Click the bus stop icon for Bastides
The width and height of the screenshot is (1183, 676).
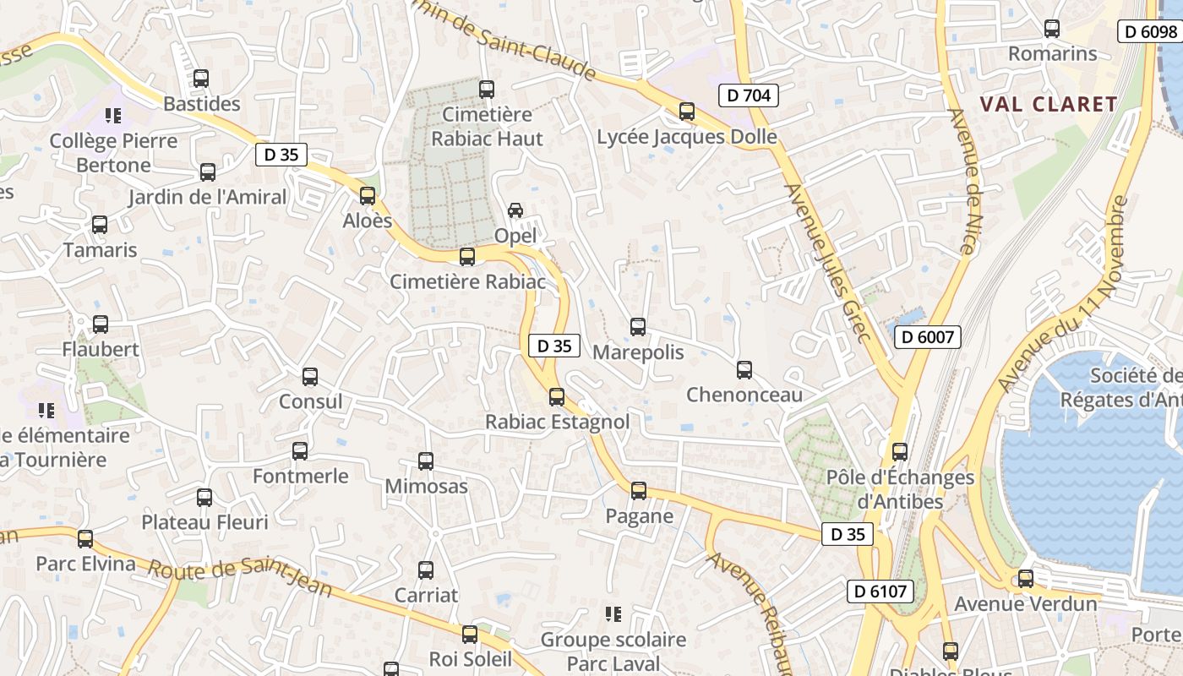click(x=201, y=79)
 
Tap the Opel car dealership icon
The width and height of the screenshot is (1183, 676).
click(x=515, y=210)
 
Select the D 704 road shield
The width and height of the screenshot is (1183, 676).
click(x=749, y=95)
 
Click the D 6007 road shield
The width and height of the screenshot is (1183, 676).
click(x=928, y=337)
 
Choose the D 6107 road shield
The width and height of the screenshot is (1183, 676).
click(x=880, y=591)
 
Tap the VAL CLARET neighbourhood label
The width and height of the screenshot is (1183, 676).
click(x=1048, y=104)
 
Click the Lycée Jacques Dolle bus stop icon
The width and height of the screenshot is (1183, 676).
click(x=687, y=111)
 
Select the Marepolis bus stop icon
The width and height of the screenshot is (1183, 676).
click(x=638, y=326)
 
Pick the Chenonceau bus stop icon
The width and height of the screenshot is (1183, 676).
click(x=744, y=369)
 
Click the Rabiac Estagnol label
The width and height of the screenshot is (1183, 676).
click(x=557, y=421)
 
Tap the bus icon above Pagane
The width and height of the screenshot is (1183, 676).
click(x=639, y=490)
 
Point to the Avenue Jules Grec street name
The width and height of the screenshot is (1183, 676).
click(x=828, y=263)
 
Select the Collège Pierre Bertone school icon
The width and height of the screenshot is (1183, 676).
click(x=113, y=115)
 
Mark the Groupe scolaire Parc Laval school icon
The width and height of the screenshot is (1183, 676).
click(x=613, y=613)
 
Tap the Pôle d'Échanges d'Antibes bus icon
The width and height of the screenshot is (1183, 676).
click(x=900, y=451)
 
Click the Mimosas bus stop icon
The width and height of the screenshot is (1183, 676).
click(x=426, y=461)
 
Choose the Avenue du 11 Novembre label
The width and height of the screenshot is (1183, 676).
click(x=1061, y=295)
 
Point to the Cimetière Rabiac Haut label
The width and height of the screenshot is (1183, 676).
click(x=487, y=126)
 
